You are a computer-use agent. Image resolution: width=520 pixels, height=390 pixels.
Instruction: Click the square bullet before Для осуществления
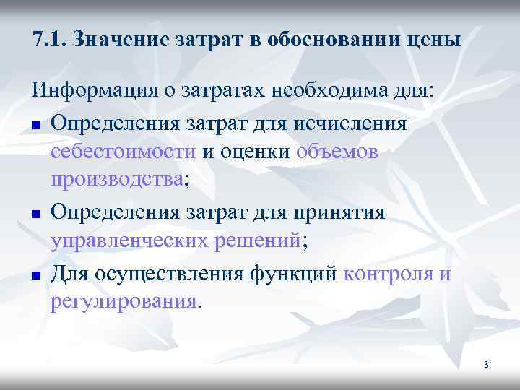[35, 274]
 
